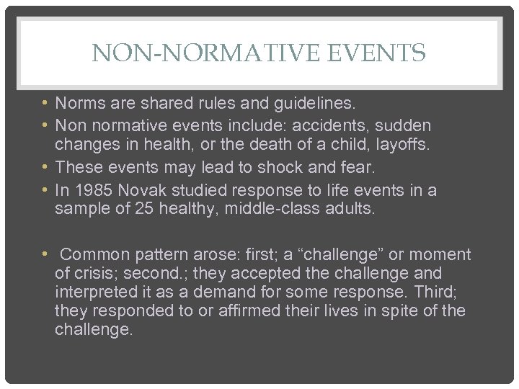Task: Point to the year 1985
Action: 92,190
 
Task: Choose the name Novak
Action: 143,190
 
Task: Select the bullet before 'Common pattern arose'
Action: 45,254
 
